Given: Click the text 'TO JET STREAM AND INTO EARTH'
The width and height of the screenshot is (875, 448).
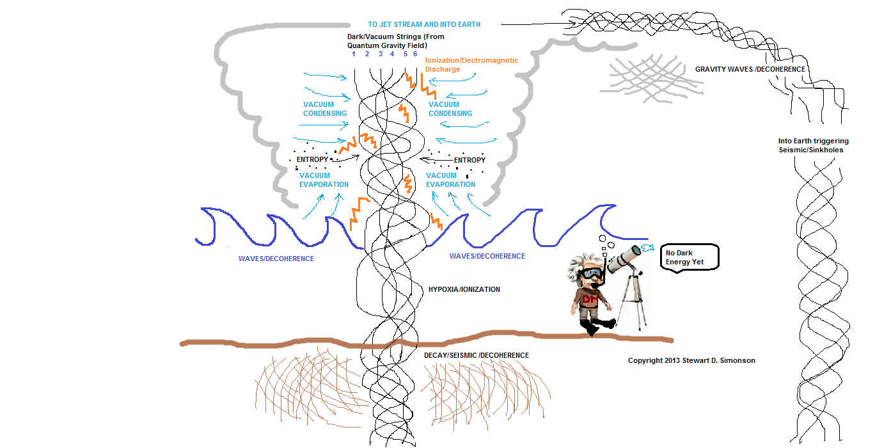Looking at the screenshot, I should pos(423,24).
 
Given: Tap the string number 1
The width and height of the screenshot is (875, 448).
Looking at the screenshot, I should pos(353,54).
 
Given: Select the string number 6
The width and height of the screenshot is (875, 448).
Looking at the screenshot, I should pos(415,54).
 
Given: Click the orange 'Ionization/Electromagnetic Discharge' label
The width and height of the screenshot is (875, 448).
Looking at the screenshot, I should pos(471,65).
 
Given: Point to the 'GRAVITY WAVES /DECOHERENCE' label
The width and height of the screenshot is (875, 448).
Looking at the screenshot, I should pos(750,69).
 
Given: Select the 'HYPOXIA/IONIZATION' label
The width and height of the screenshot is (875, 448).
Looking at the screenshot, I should pos(464,290).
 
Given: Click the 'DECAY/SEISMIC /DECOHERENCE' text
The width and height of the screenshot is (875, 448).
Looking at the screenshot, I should pos(477,355).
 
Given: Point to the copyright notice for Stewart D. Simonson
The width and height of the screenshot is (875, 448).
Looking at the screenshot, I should pos(691,360).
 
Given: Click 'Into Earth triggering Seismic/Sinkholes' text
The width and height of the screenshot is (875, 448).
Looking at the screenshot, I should pos(810,145).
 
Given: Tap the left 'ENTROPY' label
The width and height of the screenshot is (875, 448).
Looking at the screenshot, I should pos(312,159).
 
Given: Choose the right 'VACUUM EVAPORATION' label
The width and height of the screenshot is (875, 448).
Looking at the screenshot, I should pos(450,180).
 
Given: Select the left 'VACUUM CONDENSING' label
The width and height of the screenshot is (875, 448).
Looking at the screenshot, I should pos(325,109).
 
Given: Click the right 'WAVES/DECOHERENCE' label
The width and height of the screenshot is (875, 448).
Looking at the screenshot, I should pos(487,256).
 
